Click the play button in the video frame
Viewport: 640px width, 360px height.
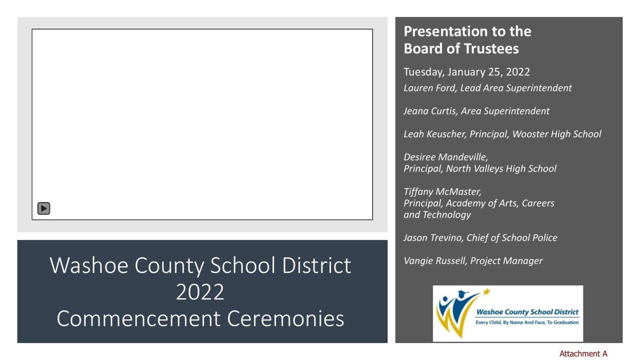click(44, 209)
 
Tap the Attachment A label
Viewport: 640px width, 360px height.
click(583, 354)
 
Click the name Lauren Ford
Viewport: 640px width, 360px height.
click(430, 88)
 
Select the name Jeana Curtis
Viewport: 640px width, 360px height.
click(430, 111)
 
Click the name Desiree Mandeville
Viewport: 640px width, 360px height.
click(445, 157)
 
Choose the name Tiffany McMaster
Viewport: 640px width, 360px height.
click(442, 192)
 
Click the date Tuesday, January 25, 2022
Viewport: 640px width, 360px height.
click(466, 72)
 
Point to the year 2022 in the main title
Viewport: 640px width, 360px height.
click(200, 292)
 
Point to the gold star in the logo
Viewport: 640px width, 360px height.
click(486, 291)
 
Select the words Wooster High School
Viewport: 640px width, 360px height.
click(556, 134)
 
